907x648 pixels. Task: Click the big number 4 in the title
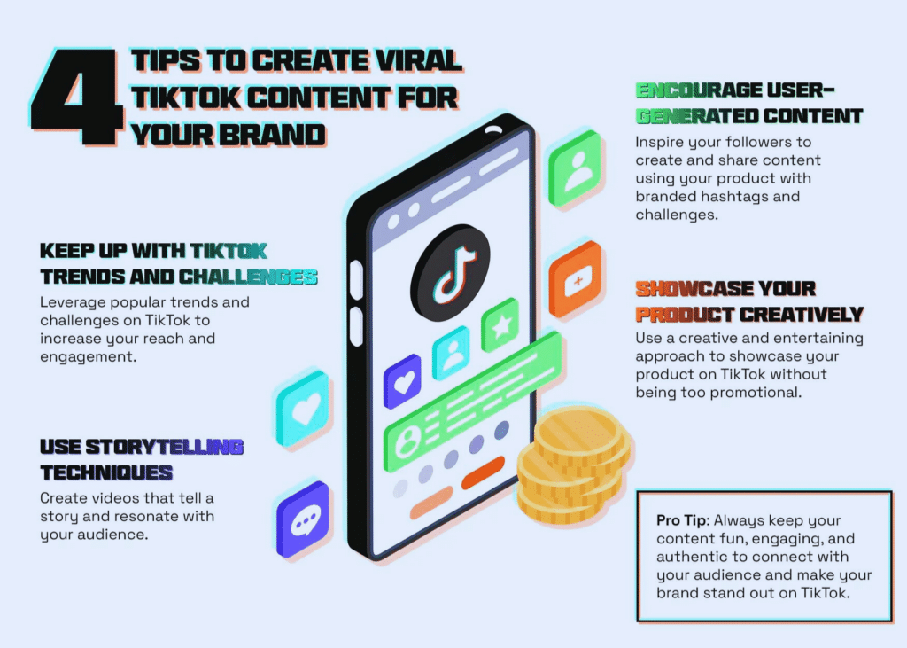click(x=76, y=98)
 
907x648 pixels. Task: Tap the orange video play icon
click(x=577, y=282)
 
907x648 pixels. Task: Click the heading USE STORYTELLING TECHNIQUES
click(x=142, y=458)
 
